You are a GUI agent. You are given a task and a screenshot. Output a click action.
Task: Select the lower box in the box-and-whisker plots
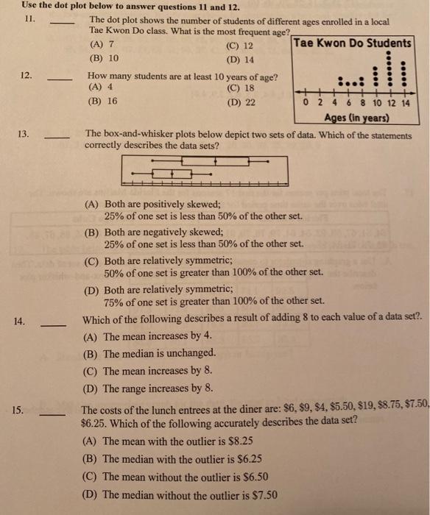pos(172,174)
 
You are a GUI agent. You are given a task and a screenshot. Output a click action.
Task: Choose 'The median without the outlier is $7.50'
pos(190,494)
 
